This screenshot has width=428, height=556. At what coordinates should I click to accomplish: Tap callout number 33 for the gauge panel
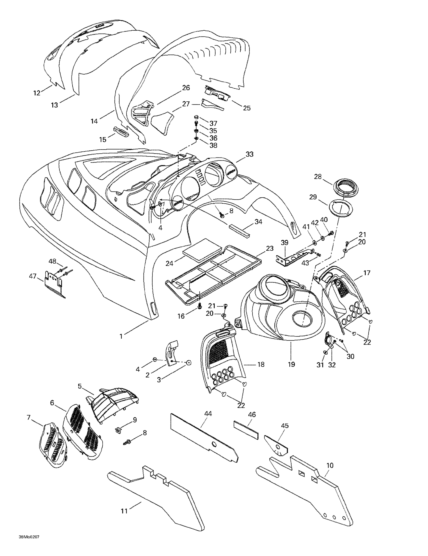click(x=249, y=154)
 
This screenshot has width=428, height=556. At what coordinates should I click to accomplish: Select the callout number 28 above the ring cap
click(x=318, y=176)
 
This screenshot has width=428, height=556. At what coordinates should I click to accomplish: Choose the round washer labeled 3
click(x=189, y=363)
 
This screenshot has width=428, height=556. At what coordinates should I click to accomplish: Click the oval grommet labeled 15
click(x=121, y=131)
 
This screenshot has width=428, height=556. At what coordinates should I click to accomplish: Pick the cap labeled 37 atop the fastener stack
click(x=196, y=117)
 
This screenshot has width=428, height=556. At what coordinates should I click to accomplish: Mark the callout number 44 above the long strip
click(x=208, y=414)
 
